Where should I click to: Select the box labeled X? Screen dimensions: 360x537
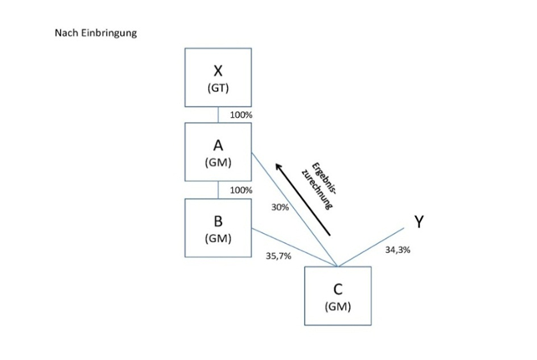pyautogui.click(x=218, y=77)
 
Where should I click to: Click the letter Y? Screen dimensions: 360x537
pyautogui.click(x=419, y=221)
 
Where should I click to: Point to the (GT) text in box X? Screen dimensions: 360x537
pyautogui.click(x=218, y=88)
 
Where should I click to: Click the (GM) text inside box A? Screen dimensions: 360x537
pyautogui.click(x=218, y=163)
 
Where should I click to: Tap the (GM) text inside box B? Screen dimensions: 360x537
pyautogui.click(x=218, y=238)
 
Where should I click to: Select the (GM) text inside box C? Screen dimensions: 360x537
pyautogui.click(x=337, y=307)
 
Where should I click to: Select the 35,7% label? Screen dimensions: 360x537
pyautogui.click(x=278, y=256)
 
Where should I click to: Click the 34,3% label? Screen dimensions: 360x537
pyautogui.click(x=398, y=250)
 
